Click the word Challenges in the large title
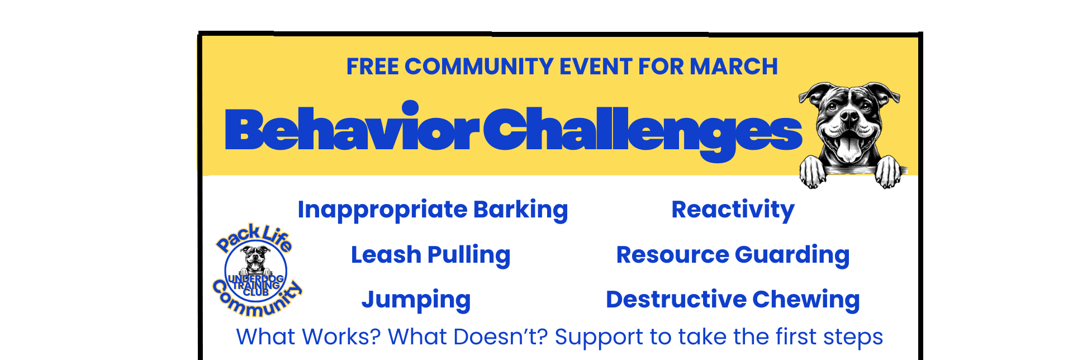pos(643,130)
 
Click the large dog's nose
pos(849,117)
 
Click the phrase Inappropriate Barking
pos(433,210)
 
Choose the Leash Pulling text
pos(430,255)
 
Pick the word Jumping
pos(416,300)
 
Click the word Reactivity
pos(733,210)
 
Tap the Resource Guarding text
pos(733,255)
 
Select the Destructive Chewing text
pos(733,300)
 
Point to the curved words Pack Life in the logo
pos(254,236)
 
